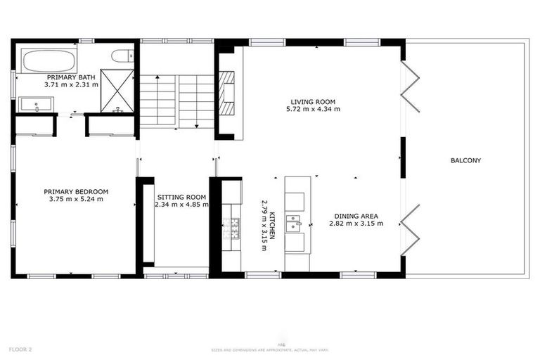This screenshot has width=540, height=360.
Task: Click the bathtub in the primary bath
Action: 49,60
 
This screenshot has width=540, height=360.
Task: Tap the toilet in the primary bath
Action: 122,56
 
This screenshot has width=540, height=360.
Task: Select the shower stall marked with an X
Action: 117,91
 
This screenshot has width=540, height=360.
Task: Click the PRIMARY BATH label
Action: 71,77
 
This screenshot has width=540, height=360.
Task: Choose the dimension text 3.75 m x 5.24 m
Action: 76,199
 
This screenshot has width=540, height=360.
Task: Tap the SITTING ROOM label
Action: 181,197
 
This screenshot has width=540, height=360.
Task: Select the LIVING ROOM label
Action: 313,102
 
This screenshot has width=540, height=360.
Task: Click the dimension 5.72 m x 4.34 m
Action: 313,110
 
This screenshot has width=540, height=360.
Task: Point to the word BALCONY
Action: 465,160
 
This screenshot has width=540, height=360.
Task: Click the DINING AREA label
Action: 356,216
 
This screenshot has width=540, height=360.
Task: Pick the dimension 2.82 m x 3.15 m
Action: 356,224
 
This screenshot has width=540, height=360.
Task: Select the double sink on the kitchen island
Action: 294,224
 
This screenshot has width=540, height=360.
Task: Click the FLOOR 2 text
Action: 20,349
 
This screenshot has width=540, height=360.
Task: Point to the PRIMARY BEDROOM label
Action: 76,191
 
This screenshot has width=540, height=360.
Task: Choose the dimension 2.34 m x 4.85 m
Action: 181,205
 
